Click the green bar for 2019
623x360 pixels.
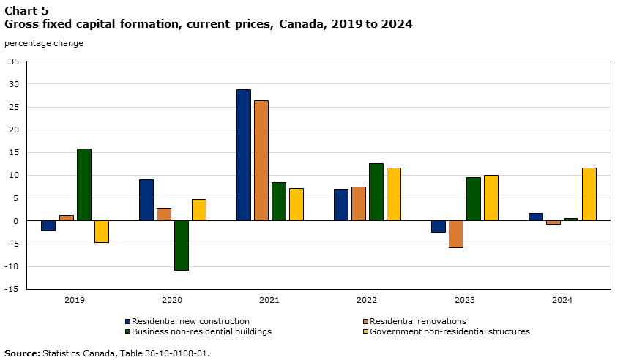pyautogui.click(x=84, y=184)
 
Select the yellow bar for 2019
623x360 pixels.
pyautogui.click(x=102, y=231)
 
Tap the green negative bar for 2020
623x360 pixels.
pyautogui.click(x=182, y=245)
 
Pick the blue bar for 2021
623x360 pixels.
pyautogui.click(x=244, y=155)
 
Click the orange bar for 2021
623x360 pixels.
pyautogui.click(x=261, y=160)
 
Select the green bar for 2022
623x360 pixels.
pyautogui.click(x=376, y=192)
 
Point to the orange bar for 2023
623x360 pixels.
pyautogui.click(x=456, y=234)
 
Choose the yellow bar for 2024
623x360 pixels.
pyautogui.click(x=589, y=194)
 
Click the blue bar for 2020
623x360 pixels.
pyautogui.click(x=146, y=200)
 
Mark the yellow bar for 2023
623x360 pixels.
pyautogui.click(x=491, y=198)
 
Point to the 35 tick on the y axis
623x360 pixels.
pyautogui.click(x=13, y=61)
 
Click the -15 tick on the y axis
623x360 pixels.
pyautogui.click(x=12, y=289)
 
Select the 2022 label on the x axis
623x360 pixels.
pyautogui.click(x=367, y=300)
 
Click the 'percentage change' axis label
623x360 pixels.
pyautogui.click(x=44, y=43)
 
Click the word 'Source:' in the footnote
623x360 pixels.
pyautogui.click(x=22, y=353)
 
